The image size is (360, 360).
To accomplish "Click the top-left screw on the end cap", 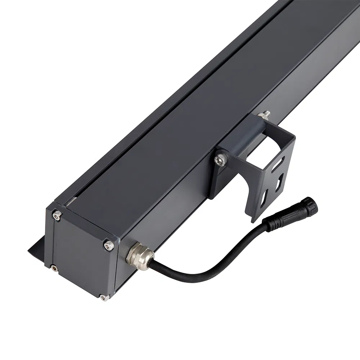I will (x=56, y=215).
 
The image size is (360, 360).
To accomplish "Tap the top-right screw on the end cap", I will (x=108, y=245).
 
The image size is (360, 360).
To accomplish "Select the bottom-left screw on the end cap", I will (x=54, y=267).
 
